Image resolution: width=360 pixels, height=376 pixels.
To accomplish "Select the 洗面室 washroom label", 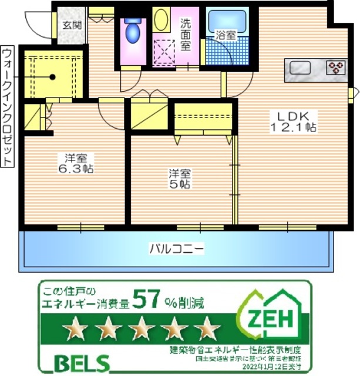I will [x=186, y=35].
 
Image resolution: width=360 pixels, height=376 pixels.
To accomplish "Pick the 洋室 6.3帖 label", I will [x=75, y=163].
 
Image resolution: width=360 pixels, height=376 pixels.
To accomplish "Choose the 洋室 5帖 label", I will [x=179, y=179].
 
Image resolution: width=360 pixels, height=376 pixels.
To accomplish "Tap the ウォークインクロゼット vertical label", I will [x=8, y=106].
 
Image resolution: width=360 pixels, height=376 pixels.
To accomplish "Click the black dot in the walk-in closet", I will [x=52, y=76].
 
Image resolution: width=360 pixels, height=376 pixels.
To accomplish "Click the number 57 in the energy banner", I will [x=148, y=300].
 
